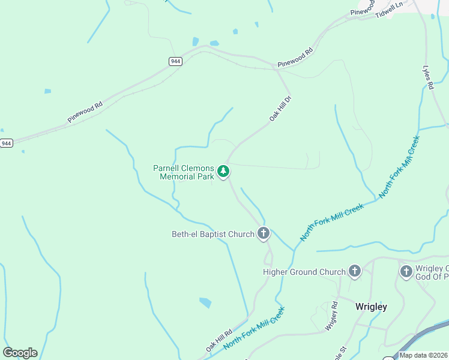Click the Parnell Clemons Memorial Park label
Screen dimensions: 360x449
[184, 172]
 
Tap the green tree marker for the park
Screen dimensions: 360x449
[223, 172]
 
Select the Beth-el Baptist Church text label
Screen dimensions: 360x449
[213, 234]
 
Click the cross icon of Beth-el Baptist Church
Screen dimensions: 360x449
[263, 233]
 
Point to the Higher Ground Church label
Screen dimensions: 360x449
[304, 272]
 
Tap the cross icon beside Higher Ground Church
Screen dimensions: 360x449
[354, 272]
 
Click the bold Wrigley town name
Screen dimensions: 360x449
[371, 307]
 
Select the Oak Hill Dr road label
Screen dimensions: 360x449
[280, 109]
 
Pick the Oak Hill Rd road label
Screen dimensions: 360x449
[219, 340]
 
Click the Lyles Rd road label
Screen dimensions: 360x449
[428, 77]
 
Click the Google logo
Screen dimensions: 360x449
[20, 353]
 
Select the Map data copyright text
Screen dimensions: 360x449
[424, 355]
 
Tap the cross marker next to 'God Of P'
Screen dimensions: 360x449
[406, 272]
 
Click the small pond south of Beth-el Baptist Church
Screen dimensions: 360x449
[205, 302]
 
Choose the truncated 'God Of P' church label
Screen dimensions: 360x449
[432, 272]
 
